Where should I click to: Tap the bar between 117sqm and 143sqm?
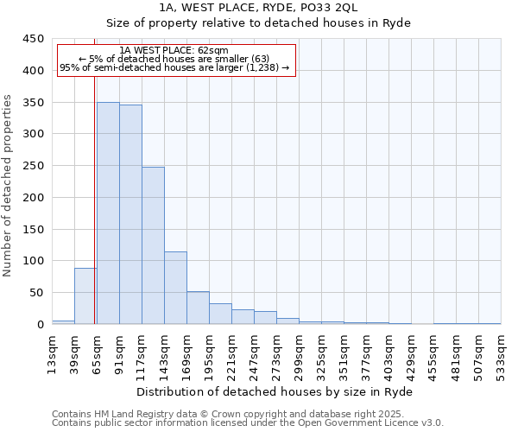click(153, 245)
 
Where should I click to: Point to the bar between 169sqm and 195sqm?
click(198, 308)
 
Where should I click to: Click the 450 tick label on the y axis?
click(34, 39)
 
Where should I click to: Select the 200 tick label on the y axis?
click(34, 198)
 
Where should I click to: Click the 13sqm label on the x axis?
click(53, 353)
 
